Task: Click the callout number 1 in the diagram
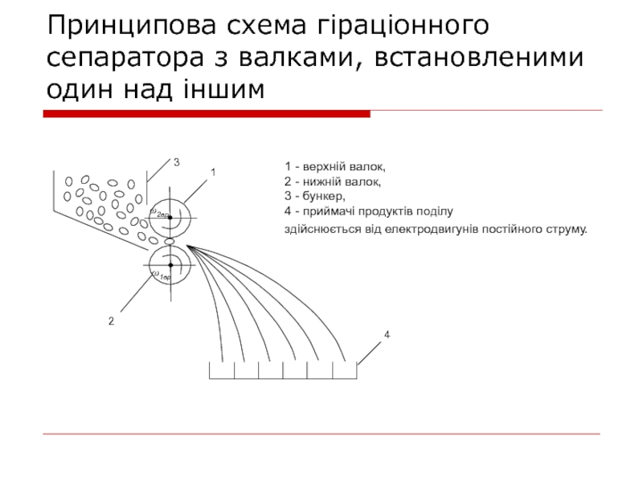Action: click(213, 173)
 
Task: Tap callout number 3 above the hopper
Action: click(176, 163)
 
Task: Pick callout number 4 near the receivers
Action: click(387, 333)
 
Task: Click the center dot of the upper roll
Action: click(170, 217)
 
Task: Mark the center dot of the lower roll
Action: click(170, 263)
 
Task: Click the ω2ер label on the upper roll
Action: click(159, 213)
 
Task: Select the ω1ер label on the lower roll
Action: click(161, 276)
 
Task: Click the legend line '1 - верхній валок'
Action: click(334, 167)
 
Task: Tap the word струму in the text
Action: click(568, 230)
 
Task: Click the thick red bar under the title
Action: click(206, 114)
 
